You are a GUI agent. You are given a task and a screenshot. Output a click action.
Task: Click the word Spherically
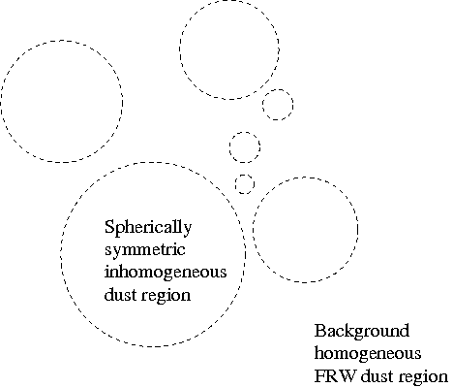click(148, 227)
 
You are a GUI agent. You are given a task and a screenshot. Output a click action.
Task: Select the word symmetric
click(145, 250)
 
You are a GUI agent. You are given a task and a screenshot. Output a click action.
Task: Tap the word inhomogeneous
click(166, 273)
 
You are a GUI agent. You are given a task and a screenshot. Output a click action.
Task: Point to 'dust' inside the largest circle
click(120, 294)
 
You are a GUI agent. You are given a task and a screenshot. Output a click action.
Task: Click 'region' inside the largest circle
click(166, 296)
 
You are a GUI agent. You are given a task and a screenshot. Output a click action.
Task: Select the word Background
click(362, 332)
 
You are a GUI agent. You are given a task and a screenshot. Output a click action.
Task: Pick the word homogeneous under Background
click(368, 354)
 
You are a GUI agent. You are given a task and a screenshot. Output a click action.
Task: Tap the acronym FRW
click(336, 376)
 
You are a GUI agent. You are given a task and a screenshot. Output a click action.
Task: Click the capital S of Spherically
click(109, 226)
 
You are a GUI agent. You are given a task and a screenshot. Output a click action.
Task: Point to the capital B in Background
click(319, 331)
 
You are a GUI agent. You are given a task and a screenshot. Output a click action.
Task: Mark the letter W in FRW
click(348, 376)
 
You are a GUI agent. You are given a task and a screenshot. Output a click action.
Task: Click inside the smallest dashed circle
click(244, 184)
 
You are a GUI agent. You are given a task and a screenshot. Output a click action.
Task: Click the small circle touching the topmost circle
click(278, 89)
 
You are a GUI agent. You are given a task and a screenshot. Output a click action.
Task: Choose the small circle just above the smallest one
click(245, 132)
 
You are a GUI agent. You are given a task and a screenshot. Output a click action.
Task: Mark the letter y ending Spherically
click(188, 230)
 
